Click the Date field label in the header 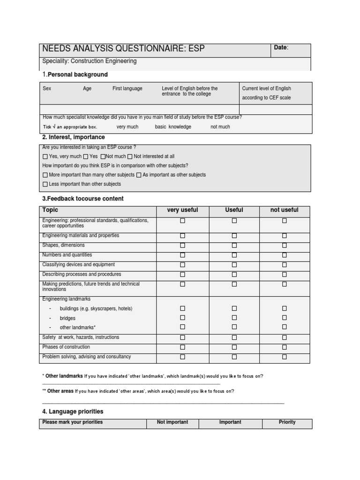click(x=281, y=48)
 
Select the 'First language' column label click(x=127, y=89)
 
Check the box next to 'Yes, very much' click(x=45, y=157)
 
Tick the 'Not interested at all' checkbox click(x=130, y=157)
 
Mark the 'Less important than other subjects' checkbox click(x=45, y=184)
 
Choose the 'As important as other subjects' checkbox click(x=139, y=175)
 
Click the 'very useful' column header click(x=182, y=210)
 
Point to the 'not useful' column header click(x=284, y=210)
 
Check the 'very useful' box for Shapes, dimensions click(x=183, y=245)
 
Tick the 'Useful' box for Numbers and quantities click(x=234, y=255)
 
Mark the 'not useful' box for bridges click(x=285, y=318)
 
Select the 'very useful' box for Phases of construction click(x=183, y=347)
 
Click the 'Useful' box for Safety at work click(x=234, y=337)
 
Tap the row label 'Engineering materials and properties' click(x=81, y=236)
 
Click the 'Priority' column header click(x=287, y=422)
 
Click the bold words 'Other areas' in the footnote click(x=60, y=391)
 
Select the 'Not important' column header click(x=172, y=422)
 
